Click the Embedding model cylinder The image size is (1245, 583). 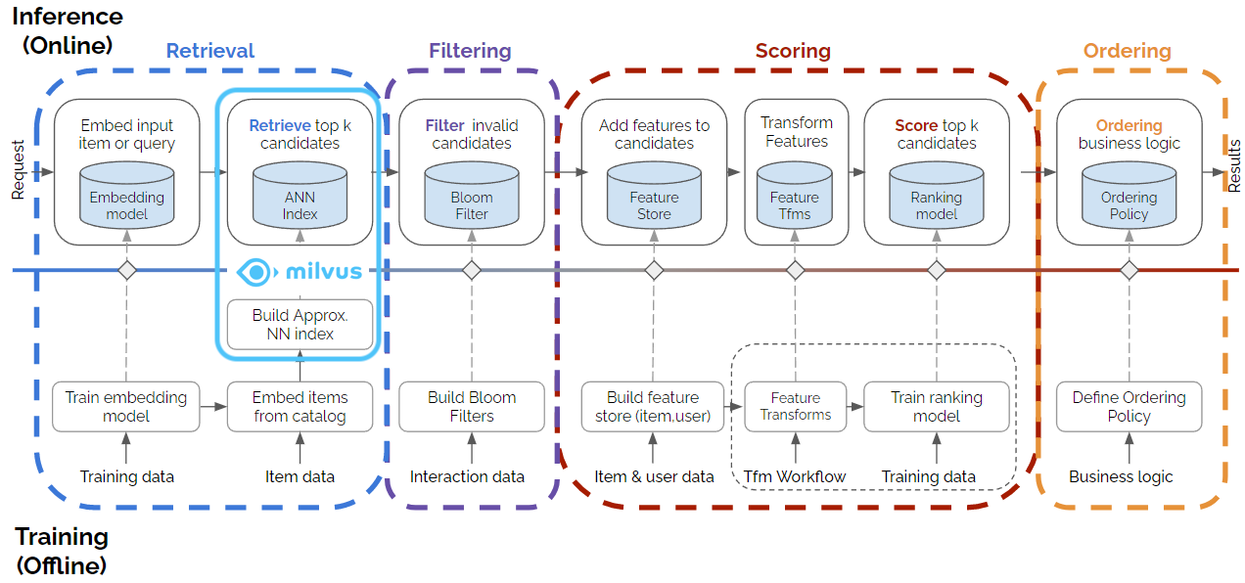pos(127,198)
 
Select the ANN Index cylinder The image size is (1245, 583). pos(300,198)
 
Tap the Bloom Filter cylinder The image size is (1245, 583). pos(472,198)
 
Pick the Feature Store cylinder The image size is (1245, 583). pos(654,198)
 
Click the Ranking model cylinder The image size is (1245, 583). pos(936,198)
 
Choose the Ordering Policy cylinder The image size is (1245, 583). pos(1129,198)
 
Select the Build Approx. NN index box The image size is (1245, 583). pos(300,325)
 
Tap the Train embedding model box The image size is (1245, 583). pos(126,406)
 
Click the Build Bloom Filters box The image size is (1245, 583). pos(472,406)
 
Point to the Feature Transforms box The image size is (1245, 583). pos(795,406)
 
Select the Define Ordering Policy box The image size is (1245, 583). pos(1129,406)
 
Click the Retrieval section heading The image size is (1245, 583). pos(209,51)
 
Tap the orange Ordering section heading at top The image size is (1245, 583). pos(1127,51)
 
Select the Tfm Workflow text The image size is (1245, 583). pos(795,476)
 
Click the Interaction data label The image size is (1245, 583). pos(467,476)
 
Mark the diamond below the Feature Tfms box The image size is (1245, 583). pos(795,270)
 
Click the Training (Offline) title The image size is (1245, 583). pos(63,551)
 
